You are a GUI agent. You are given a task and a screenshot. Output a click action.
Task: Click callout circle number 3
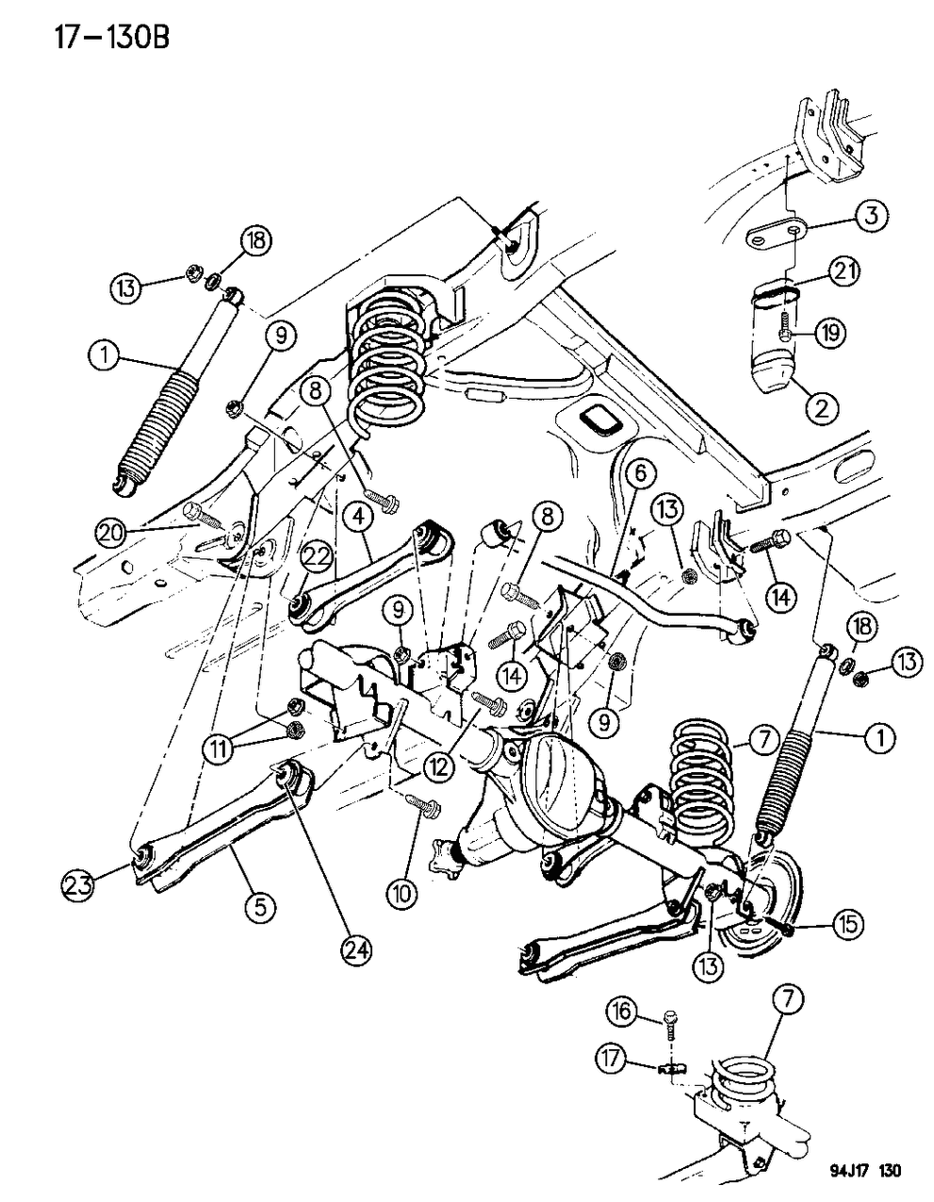pyautogui.click(x=869, y=216)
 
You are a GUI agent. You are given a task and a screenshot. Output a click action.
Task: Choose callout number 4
pyautogui.click(x=357, y=517)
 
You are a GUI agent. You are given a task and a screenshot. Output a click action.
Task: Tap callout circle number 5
pyautogui.click(x=261, y=907)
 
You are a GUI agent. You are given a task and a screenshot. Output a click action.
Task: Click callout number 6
pyautogui.click(x=635, y=471)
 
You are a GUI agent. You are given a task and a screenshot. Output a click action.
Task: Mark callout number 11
pyautogui.click(x=218, y=749)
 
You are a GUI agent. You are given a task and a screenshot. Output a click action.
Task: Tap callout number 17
pyautogui.click(x=613, y=1061)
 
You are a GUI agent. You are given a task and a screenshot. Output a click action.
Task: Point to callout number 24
pyautogui.click(x=356, y=950)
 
